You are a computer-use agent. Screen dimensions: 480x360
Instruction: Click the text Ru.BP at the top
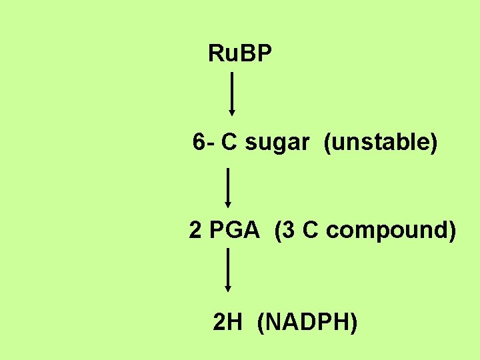[240, 53]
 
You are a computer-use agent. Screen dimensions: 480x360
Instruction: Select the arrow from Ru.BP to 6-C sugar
[231, 94]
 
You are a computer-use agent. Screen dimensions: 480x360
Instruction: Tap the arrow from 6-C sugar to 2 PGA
[228, 188]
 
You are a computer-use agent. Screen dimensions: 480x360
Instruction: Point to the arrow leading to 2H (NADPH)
[228, 269]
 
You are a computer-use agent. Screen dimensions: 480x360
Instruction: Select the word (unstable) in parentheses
[381, 142]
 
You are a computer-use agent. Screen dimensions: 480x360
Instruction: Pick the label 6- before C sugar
[203, 142]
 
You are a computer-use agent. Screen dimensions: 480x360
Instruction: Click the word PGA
[233, 231]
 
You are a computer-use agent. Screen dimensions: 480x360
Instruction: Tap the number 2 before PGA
[195, 231]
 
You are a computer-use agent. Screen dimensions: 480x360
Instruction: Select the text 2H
[227, 323]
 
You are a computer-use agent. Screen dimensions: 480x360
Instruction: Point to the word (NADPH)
[307, 323]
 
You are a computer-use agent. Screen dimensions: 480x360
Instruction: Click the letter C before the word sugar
[230, 142]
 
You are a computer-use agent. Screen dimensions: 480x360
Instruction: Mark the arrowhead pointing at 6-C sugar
[231, 113]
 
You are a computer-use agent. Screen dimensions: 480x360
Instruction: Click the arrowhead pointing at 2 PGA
[228, 205]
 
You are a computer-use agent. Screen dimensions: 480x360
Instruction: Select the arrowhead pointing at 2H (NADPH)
[228, 289]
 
